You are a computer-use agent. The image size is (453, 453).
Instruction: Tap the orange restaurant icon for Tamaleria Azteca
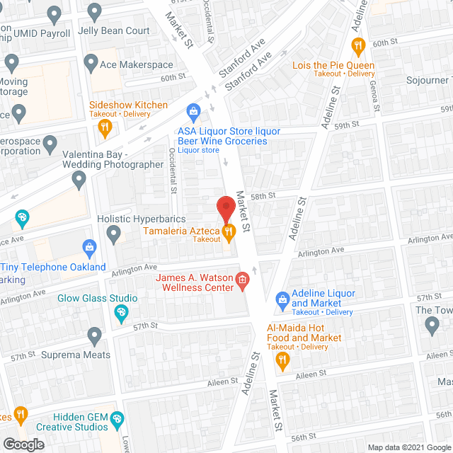click(x=228, y=231)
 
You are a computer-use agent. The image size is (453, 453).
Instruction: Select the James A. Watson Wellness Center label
click(x=195, y=282)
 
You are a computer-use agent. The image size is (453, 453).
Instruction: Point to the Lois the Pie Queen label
click(x=333, y=66)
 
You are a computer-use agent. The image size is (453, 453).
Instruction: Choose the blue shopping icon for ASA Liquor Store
click(x=192, y=110)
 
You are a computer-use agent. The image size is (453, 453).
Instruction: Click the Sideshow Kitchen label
click(x=128, y=105)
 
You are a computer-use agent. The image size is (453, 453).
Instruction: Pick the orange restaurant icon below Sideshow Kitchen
click(x=105, y=127)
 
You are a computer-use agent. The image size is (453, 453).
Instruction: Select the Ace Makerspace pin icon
click(x=90, y=64)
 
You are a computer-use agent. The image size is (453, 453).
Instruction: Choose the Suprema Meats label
click(x=76, y=355)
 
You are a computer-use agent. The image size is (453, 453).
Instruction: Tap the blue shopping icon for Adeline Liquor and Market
click(x=282, y=299)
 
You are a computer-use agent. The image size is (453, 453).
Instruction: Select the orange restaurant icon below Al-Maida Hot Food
click(x=283, y=362)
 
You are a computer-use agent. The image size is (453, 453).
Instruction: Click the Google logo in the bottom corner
click(x=23, y=445)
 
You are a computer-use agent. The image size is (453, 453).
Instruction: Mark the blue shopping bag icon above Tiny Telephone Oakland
click(x=89, y=247)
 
